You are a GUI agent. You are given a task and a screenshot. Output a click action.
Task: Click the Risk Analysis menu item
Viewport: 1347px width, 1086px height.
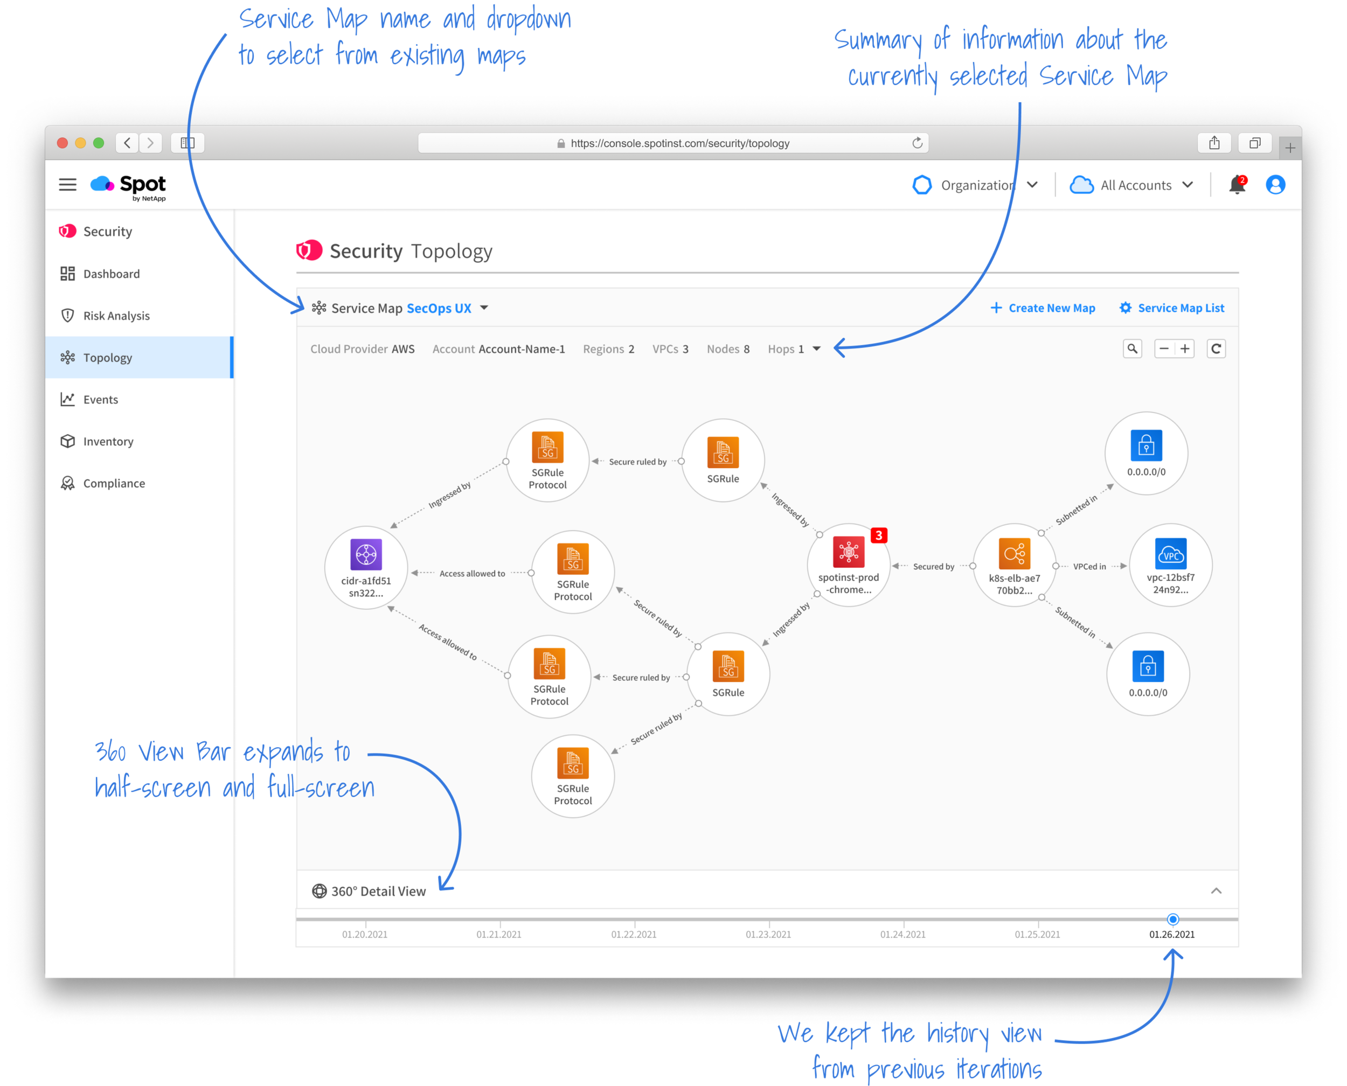[116, 316]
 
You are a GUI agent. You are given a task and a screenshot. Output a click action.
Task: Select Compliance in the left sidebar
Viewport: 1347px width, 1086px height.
[114, 484]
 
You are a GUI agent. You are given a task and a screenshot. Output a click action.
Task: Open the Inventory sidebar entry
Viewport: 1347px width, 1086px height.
[108, 442]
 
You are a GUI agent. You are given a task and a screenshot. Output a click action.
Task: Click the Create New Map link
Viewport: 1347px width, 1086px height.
[1043, 308]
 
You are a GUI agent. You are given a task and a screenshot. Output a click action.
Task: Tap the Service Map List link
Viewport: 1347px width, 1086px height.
[1172, 308]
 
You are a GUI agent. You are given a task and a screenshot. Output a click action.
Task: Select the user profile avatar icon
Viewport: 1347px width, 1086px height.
[1275, 185]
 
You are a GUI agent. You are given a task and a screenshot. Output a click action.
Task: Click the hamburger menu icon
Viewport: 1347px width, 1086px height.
[67, 185]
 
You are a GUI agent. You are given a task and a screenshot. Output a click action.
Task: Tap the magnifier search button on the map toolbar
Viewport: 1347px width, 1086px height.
[1133, 349]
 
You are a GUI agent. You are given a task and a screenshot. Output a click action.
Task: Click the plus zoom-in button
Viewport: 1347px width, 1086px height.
[1185, 349]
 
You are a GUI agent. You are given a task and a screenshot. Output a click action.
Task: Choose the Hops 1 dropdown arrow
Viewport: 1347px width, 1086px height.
[816, 349]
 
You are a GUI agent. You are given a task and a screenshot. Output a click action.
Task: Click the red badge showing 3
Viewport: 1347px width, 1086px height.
[878, 535]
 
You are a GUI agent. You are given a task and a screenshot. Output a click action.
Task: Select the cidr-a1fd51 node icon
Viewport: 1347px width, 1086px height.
[366, 555]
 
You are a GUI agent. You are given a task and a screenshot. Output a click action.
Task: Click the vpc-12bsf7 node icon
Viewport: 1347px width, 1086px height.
[1171, 554]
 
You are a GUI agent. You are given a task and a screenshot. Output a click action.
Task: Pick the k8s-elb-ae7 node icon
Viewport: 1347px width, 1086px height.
[1014, 554]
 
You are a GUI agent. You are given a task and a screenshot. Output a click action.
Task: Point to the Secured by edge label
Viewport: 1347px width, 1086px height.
[933, 567]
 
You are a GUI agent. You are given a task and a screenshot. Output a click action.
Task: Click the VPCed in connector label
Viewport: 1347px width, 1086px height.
[1089, 567]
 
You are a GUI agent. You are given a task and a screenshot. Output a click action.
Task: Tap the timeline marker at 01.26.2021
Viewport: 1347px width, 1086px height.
[1173, 919]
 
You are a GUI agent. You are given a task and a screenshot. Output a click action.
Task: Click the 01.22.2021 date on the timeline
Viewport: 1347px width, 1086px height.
[634, 935]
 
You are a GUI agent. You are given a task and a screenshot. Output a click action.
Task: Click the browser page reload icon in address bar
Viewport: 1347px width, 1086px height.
[917, 143]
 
